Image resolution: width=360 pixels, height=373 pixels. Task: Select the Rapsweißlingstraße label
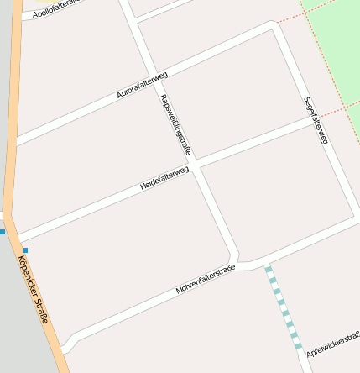coord(175,124)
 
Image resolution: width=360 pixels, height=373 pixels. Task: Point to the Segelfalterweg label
coord(316,120)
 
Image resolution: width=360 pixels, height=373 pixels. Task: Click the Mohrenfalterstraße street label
coord(206,280)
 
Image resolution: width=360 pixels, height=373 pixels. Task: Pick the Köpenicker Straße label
coord(34,290)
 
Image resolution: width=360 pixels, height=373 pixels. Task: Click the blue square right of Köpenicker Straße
coord(25,250)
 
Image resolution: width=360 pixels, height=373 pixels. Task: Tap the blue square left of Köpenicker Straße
coord(3,231)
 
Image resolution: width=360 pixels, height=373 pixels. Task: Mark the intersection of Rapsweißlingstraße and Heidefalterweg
coord(194,165)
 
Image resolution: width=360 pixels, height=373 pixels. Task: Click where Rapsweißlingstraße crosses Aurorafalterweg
coord(154,76)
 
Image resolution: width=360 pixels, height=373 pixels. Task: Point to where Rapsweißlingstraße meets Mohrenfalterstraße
coord(235,258)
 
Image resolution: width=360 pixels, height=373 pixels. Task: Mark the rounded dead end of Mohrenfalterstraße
coord(67,343)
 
